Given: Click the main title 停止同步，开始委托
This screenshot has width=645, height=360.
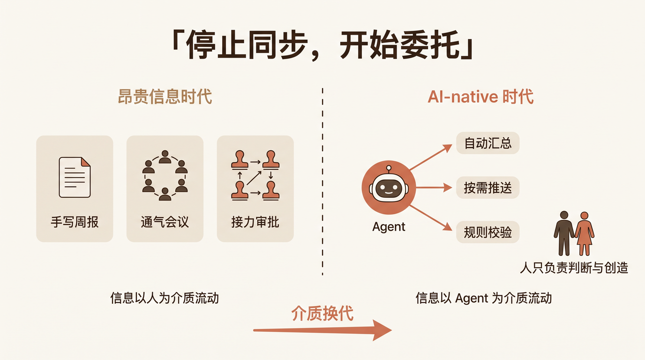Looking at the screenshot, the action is coord(322,45).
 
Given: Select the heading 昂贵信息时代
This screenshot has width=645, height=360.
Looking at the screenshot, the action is coord(165,97).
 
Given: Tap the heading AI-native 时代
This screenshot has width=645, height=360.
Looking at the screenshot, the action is coord(480,97).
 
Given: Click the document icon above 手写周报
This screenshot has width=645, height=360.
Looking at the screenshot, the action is coord(75,177).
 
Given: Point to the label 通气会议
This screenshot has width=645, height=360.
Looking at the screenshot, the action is coord(165,222).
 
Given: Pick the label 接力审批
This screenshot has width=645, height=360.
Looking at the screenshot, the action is coord(255,222).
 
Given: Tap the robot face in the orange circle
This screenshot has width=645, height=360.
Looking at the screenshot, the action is coord(389,187).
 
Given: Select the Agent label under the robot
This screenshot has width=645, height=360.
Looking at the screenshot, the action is coord(389,227).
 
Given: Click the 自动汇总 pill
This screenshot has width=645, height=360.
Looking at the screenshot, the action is coord(488,143).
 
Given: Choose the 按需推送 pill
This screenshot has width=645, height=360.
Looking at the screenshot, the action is coord(488,188).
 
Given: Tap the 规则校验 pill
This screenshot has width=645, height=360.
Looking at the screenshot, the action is coord(488,232).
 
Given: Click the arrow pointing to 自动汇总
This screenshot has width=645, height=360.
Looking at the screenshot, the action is coord(431,157).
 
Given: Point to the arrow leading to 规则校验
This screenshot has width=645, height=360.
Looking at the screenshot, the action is coord(431,217).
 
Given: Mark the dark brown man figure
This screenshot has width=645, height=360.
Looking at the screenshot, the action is coord(564,233).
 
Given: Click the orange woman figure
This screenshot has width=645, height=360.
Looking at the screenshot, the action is coord(584,234).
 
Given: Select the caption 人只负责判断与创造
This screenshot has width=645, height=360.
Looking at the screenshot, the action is coord(574,268).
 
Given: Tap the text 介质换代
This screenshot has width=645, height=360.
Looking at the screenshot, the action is coord(322,313).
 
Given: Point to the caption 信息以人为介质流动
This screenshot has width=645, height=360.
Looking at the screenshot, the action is coord(165,298).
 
